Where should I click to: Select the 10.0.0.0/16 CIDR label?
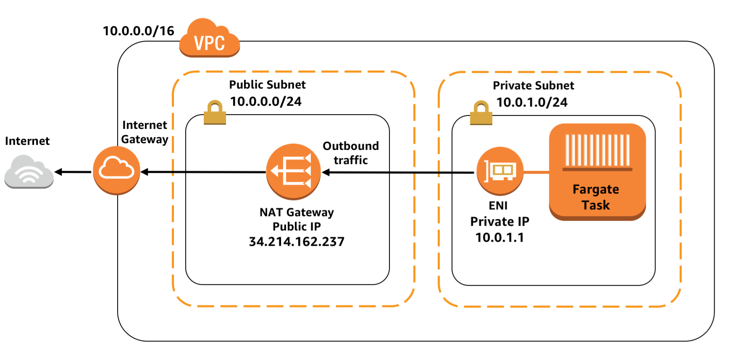click(x=138, y=31)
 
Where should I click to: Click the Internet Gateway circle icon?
click(x=116, y=170)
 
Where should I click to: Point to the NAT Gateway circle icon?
click(x=293, y=171)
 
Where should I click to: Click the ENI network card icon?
click(x=500, y=171)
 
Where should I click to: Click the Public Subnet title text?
click(x=267, y=85)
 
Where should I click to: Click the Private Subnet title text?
click(x=533, y=86)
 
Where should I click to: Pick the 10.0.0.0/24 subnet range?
click(x=266, y=102)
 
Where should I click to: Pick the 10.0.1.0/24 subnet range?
click(x=532, y=102)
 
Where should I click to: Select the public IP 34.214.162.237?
click(x=297, y=242)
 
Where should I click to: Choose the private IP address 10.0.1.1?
click(x=500, y=238)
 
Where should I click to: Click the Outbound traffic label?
click(x=350, y=153)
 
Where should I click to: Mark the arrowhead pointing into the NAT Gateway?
click(x=326, y=172)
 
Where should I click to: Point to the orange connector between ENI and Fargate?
click(x=536, y=172)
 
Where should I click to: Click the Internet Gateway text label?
click(x=145, y=132)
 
